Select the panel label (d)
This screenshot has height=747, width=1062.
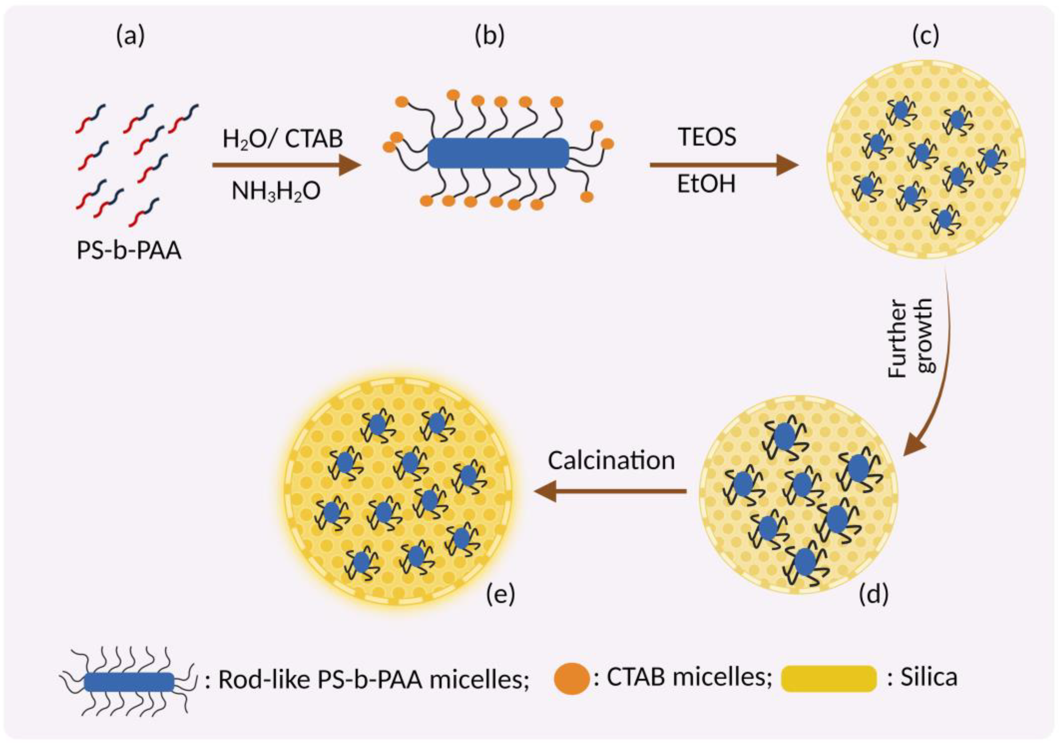873,594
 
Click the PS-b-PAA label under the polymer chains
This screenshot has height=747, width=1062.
129,252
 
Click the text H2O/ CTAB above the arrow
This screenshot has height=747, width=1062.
283,139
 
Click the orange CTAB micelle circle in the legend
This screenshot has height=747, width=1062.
572,679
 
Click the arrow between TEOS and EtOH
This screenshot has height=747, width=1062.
724,165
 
